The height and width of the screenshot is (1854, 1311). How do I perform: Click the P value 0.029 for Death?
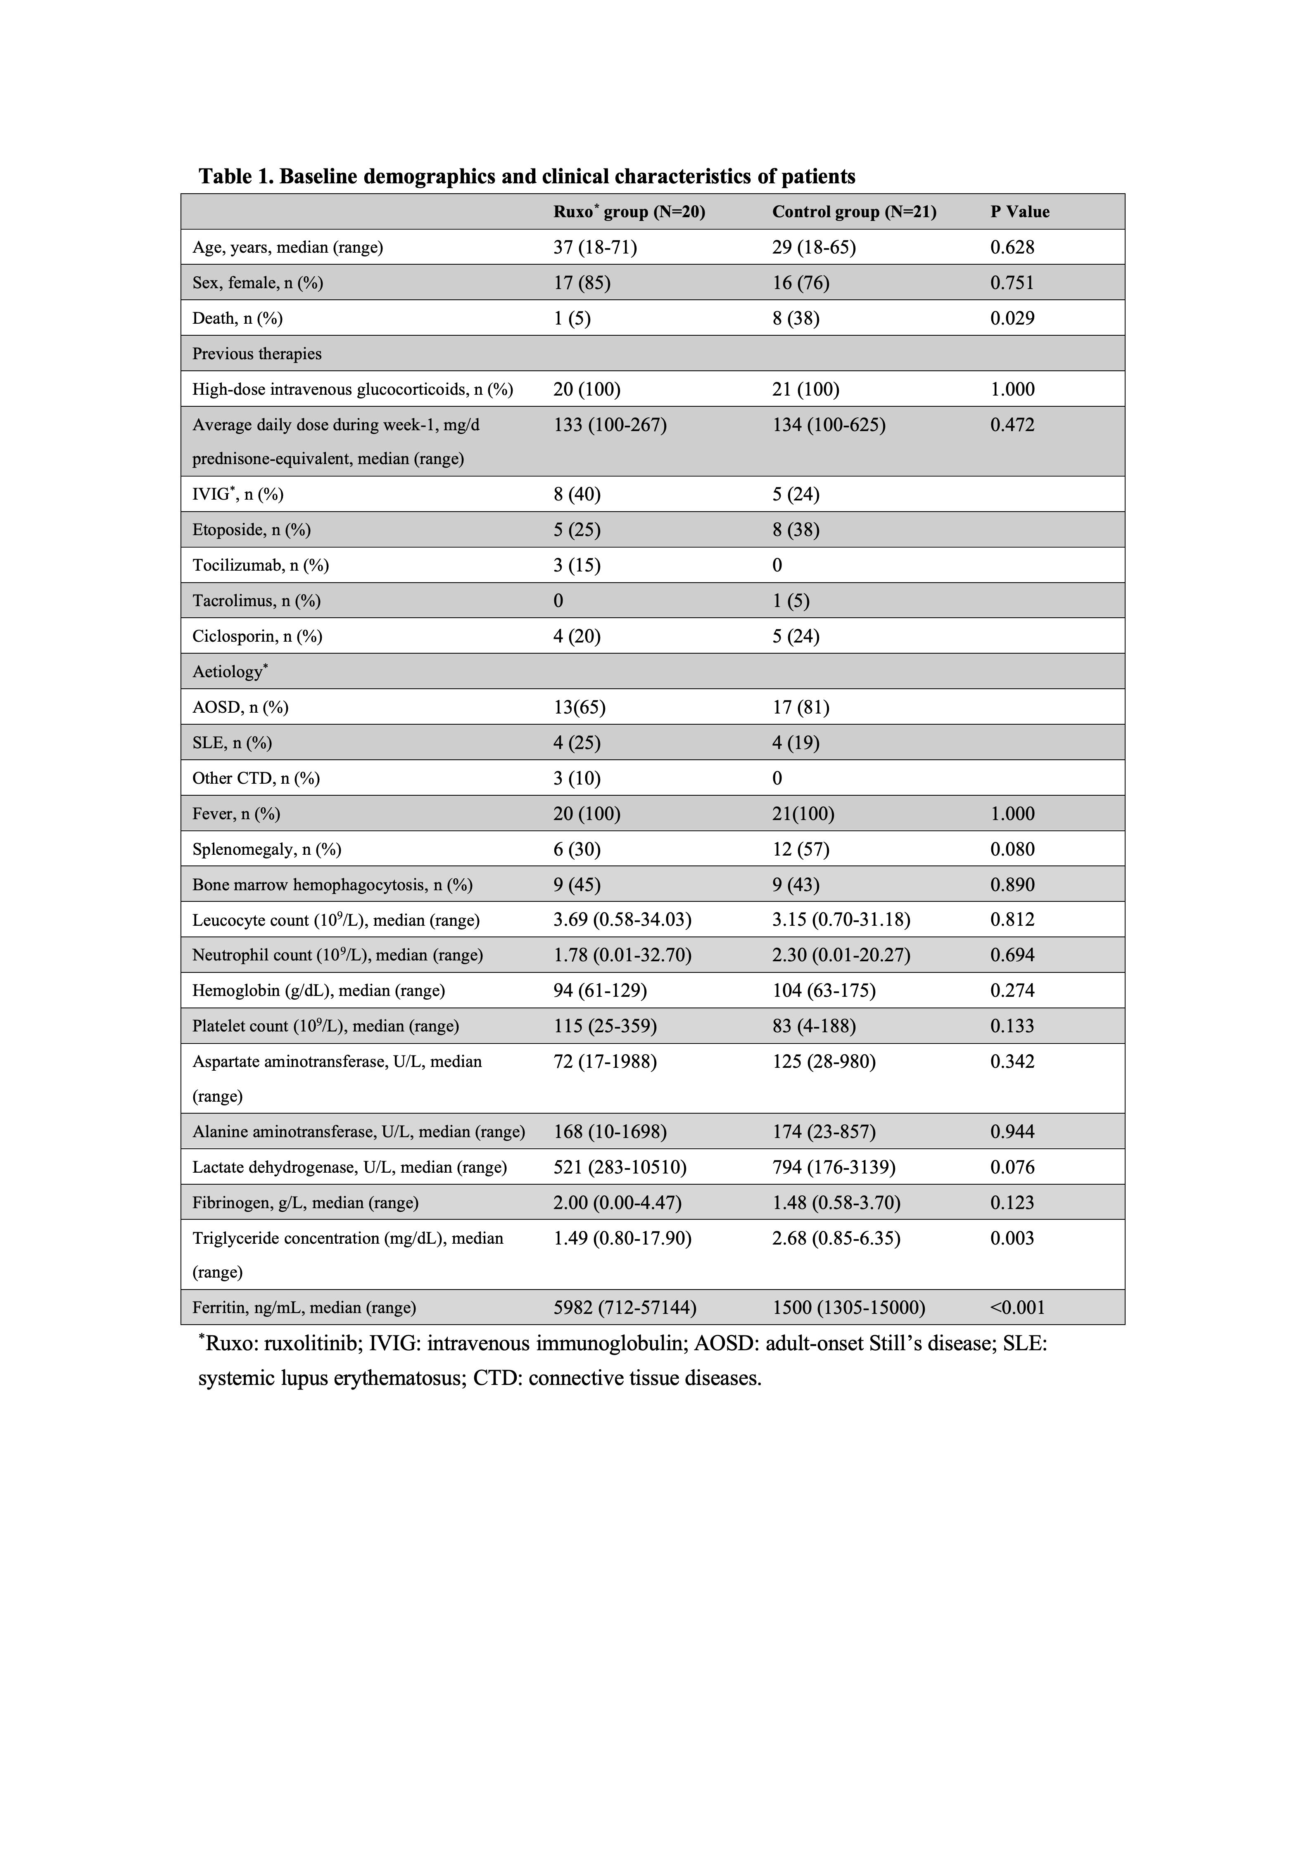tap(1012, 318)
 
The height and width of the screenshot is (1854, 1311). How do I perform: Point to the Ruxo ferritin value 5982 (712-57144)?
tap(625, 1307)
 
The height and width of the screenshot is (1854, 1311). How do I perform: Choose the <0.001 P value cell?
tap(1017, 1307)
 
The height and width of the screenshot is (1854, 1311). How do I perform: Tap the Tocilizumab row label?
tap(260, 565)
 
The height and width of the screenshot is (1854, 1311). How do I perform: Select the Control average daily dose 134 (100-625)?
tap(828, 425)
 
